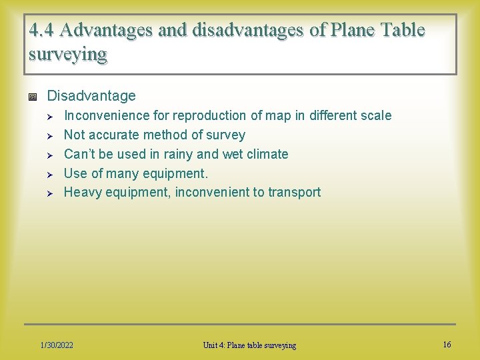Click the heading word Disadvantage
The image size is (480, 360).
click(91, 96)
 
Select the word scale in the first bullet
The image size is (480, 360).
click(375, 115)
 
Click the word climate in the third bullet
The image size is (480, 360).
click(265, 154)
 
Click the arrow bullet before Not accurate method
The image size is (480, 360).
click(49, 135)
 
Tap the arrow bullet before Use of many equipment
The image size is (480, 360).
click(49, 174)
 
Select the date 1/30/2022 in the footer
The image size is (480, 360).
click(57, 345)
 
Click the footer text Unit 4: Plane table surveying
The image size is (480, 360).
click(249, 345)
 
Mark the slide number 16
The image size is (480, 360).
click(447, 344)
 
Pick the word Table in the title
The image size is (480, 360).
click(401, 31)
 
